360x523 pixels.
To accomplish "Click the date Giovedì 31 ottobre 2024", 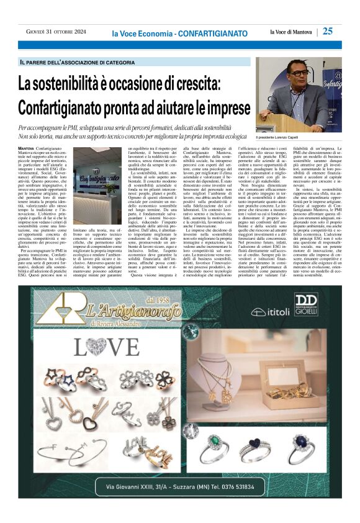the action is [x=53, y=32].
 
